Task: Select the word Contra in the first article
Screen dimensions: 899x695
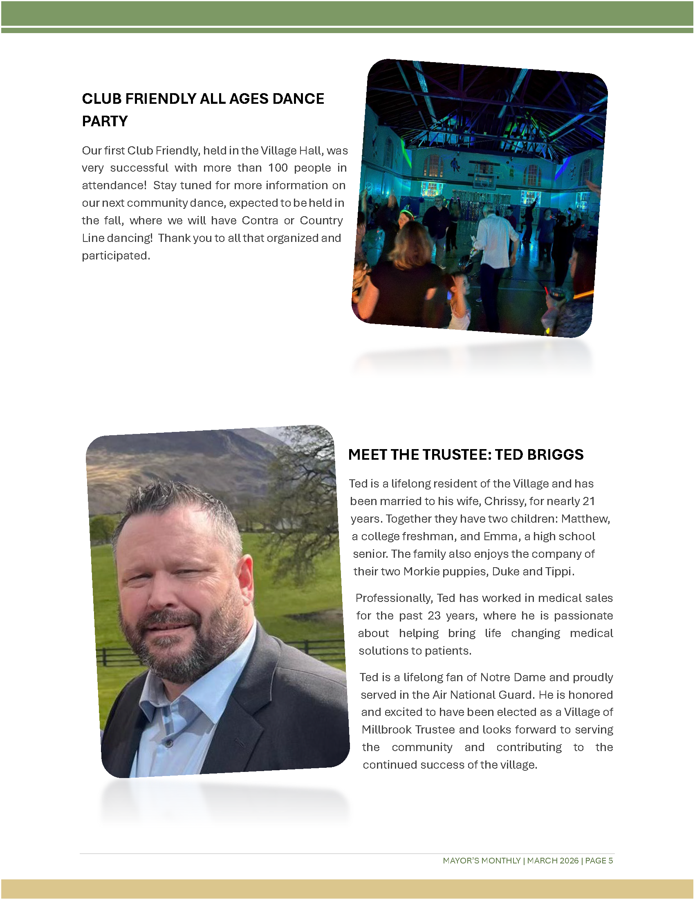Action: tap(260, 221)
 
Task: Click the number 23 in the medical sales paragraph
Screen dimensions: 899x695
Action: tap(434, 615)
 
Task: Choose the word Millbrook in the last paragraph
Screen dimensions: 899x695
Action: tap(387, 729)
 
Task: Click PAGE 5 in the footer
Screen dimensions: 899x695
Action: tap(599, 860)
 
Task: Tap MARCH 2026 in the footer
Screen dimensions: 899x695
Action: tap(553, 860)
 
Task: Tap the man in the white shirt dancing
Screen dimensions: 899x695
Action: tap(494, 243)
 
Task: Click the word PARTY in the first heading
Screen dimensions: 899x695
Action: tap(105, 121)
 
